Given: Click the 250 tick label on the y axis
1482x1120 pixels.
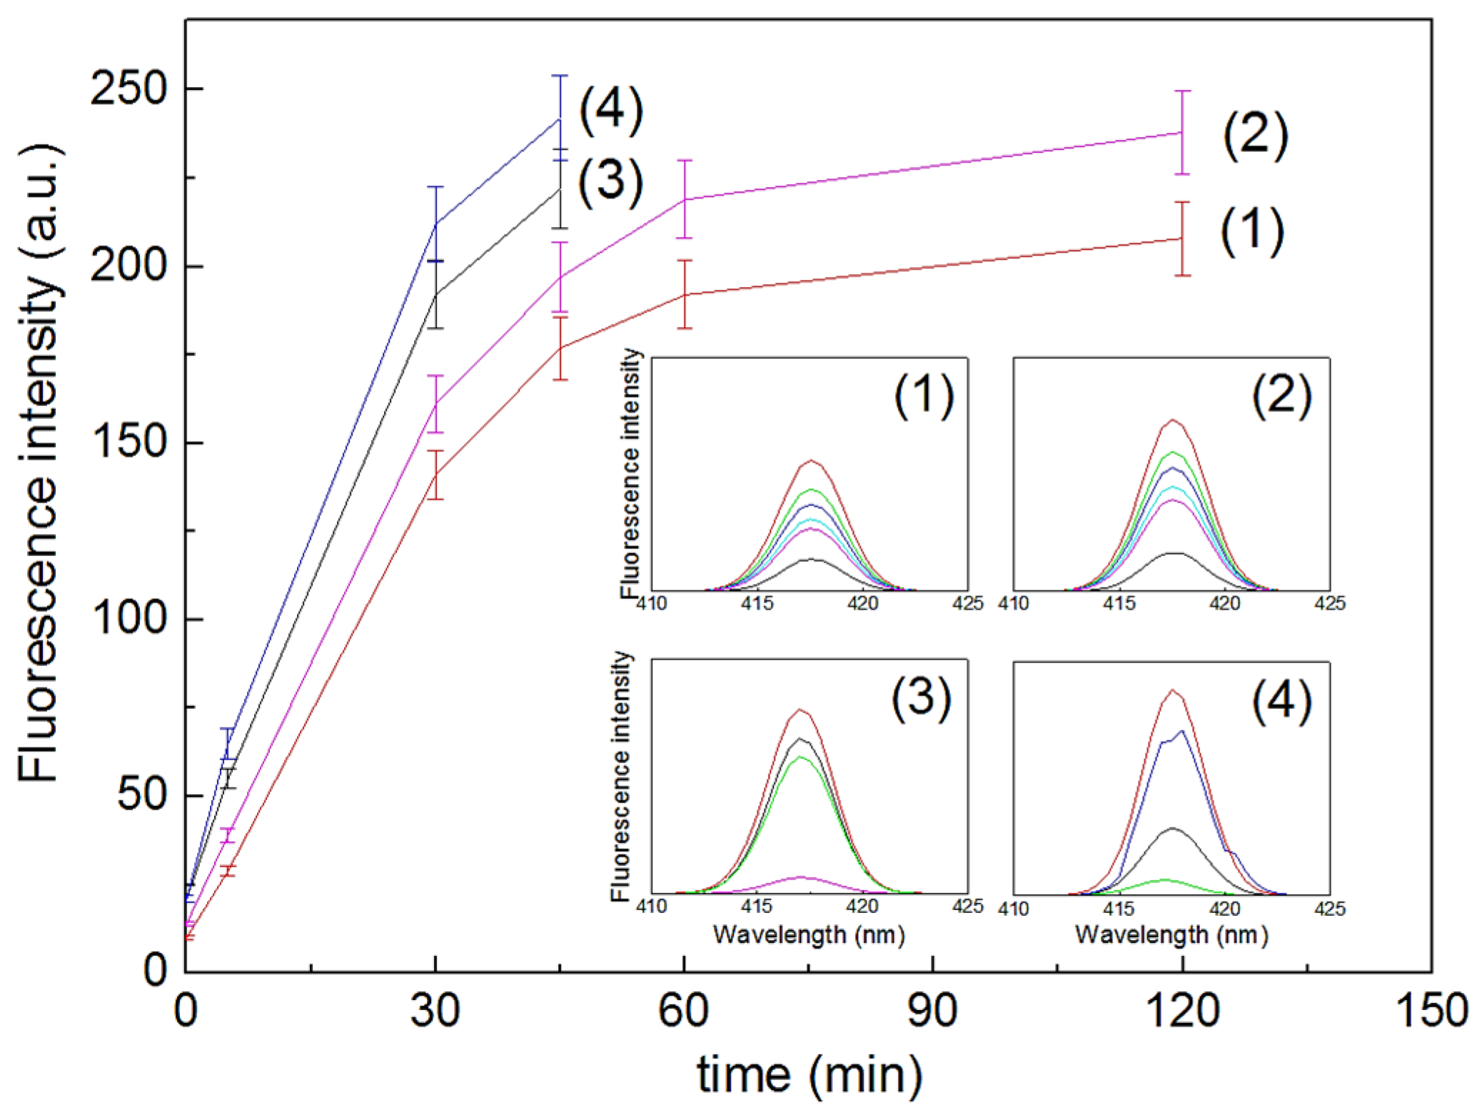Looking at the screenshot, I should pos(127,89).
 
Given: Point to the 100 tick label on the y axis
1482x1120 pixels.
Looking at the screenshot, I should pos(127,618).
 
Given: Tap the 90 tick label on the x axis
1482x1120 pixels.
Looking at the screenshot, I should pos(932,1011).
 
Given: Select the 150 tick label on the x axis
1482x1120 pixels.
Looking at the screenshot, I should pos(1431,1011).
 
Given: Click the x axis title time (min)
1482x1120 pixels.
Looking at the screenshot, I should pos(810,1075).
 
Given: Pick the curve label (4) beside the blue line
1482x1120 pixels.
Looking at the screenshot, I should pos(610,111).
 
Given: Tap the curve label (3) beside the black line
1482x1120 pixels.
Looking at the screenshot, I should pos(610,182).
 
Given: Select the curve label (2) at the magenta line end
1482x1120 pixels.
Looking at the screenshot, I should pos(1255,136).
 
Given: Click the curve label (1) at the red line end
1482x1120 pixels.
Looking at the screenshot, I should pos(1251,232).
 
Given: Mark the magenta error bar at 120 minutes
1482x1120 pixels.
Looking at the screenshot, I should pos(1182,133).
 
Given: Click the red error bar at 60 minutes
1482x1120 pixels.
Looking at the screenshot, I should pos(685,294).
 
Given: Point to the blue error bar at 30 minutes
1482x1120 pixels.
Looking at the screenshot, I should pos(435,223).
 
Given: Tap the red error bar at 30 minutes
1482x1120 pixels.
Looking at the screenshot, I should pos(435,475).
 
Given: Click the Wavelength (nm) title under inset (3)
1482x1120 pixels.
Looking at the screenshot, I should pos(809,934).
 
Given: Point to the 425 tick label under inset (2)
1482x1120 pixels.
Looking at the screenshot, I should pos(1329,604).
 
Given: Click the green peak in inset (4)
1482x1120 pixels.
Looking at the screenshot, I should pos(1165,879).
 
